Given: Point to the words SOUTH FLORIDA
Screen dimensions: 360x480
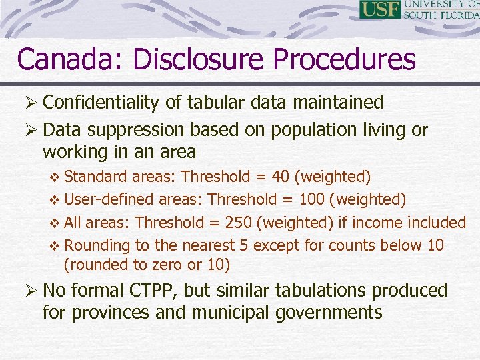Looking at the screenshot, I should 441,15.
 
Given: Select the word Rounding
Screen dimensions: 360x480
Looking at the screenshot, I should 98,245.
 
